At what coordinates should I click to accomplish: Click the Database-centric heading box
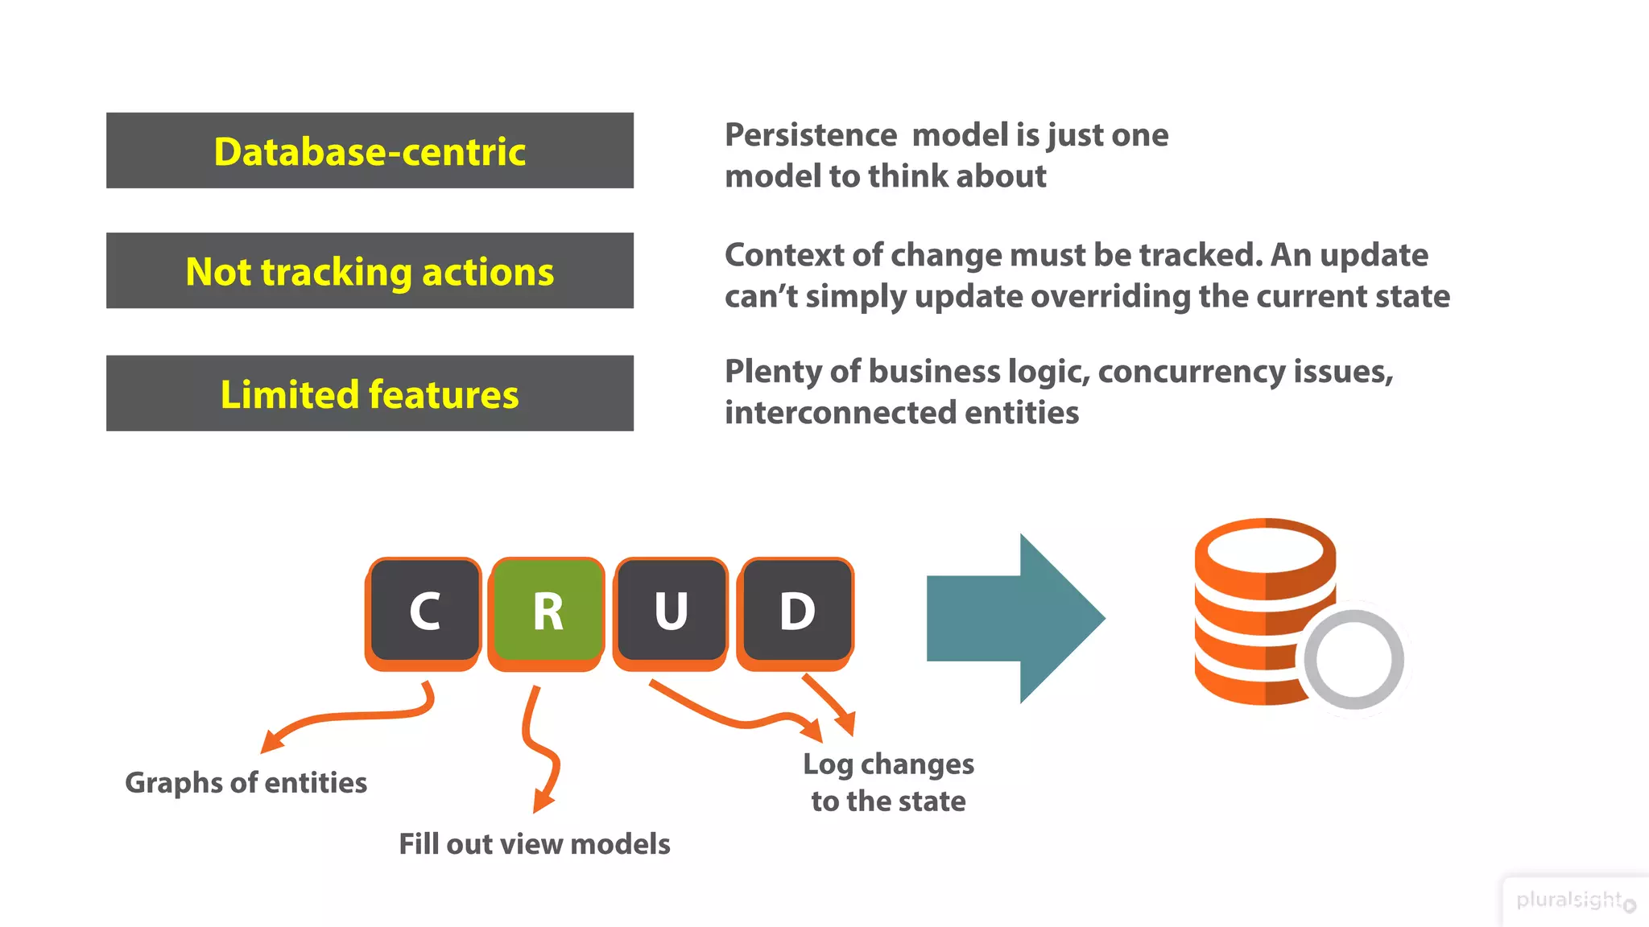[370, 150]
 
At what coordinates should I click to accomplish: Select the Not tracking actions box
[370, 271]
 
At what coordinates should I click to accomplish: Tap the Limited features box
[370, 393]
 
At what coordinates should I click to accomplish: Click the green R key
[548, 612]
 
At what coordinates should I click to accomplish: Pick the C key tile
[424, 612]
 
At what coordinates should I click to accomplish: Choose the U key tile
[671, 612]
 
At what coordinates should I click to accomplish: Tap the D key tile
[796, 612]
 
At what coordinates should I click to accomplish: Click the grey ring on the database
[1354, 660]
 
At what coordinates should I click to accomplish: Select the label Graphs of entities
[246, 782]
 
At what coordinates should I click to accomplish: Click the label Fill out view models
[535, 843]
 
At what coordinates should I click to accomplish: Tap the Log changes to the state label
[888, 781]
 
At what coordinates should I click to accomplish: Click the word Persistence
[811, 134]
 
